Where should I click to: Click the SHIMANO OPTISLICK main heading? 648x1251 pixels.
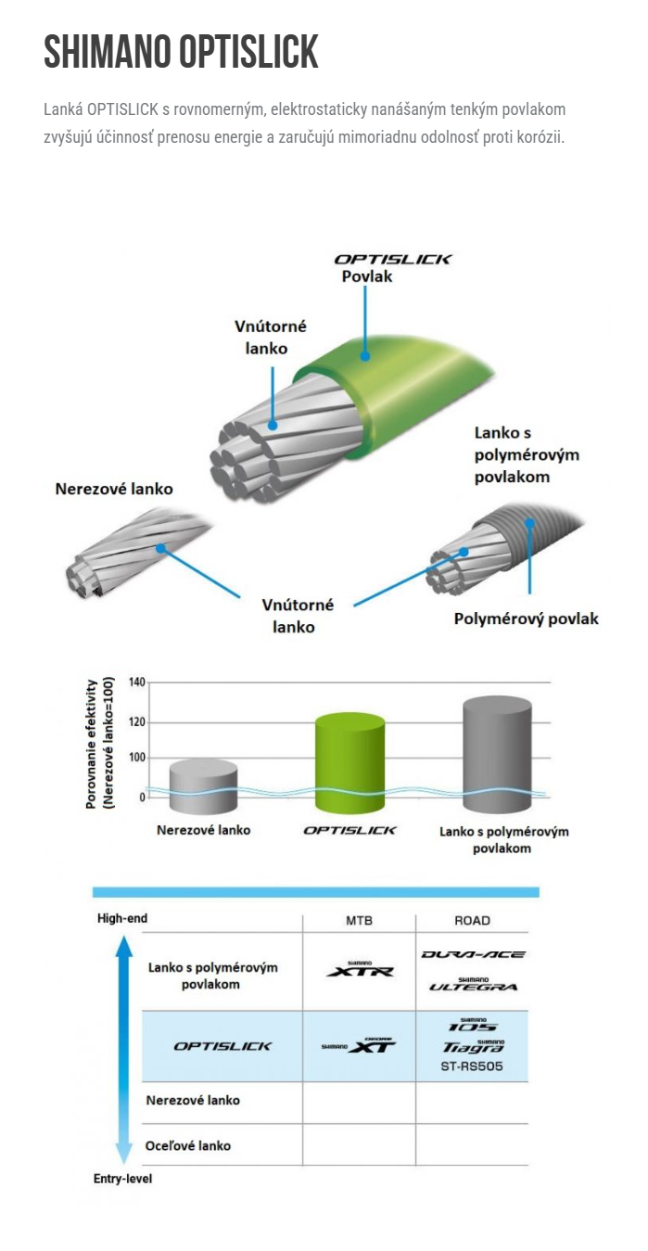[x=181, y=51]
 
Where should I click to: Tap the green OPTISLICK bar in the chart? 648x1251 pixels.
[x=349, y=762]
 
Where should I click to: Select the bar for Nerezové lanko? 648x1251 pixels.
[x=203, y=786]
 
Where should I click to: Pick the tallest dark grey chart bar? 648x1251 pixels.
[x=497, y=754]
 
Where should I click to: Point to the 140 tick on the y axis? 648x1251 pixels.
[x=137, y=682]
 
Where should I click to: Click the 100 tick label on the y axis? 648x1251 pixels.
[x=137, y=758]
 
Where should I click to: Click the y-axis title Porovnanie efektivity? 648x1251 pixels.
[x=92, y=744]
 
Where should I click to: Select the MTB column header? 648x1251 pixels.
[x=359, y=920]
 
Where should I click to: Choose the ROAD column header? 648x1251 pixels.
[x=472, y=920]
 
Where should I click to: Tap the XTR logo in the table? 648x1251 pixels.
[x=360, y=969]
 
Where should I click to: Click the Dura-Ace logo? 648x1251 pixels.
[x=473, y=954]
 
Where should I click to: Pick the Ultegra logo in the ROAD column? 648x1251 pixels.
[x=474, y=985]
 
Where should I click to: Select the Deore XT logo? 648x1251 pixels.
[x=359, y=1045]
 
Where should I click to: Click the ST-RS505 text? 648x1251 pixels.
[x=472, y=1066]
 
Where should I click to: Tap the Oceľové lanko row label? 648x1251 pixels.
[x=188, y=1145]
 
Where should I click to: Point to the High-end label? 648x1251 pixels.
[x=122, y=918]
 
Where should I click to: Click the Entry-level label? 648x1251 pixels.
[x=122, y=1179]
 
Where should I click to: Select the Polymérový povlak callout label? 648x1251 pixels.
[x=526, y=619]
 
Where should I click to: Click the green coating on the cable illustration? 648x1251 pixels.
[x=408, y=391]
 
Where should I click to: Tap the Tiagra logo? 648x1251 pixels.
[x=473, y=1047]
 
